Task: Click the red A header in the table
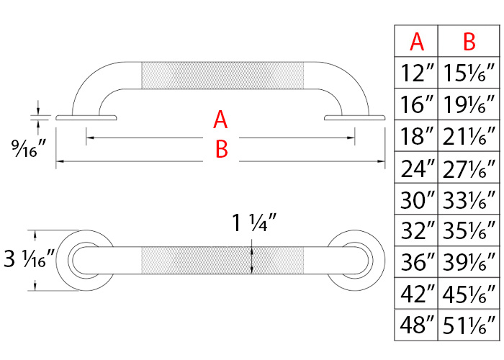click(417, 42)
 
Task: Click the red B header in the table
click(469, 42)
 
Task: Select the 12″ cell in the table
click(417, 73)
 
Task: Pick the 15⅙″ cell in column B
click(469, 73)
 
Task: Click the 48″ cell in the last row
click(417, 325)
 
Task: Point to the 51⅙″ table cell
click(469, 325)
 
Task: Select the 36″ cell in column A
click(417, 262)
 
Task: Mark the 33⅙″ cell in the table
click(469, 199)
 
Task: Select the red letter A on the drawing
click(220, 119)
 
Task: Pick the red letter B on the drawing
click(222, 149)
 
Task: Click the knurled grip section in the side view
click(223, 76)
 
